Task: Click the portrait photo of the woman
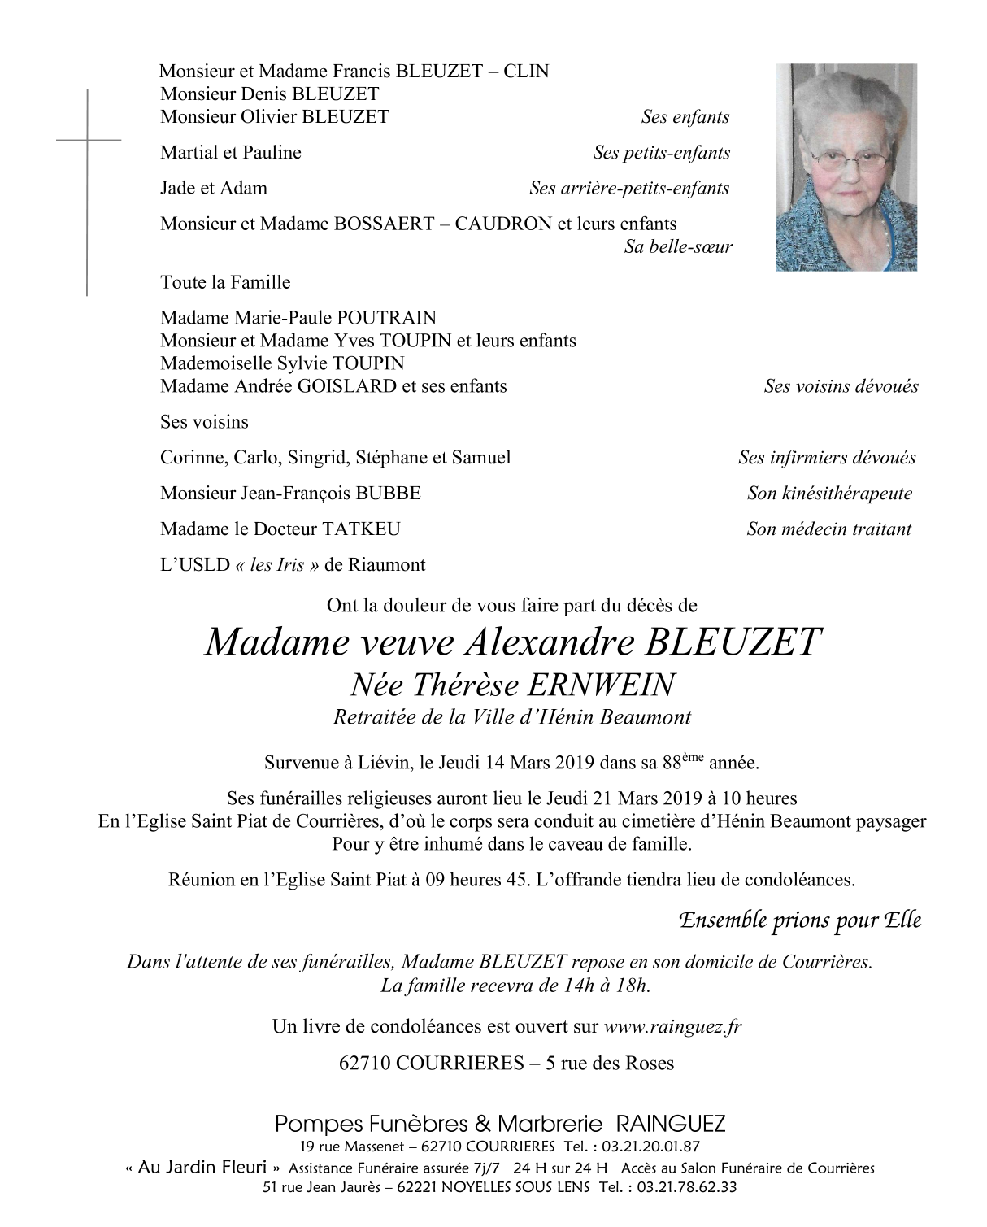point(846,167)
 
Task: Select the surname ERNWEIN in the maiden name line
point(600,685)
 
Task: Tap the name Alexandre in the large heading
point(549,642)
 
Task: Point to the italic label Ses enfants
point(685,117)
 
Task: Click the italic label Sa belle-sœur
point(678,246)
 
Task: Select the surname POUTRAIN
point(386,318)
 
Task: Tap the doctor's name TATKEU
point(361,529)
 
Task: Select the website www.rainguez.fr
point(672,1027)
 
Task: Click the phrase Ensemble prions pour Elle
point(799,920)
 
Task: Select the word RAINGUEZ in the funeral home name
point(671,1125)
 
